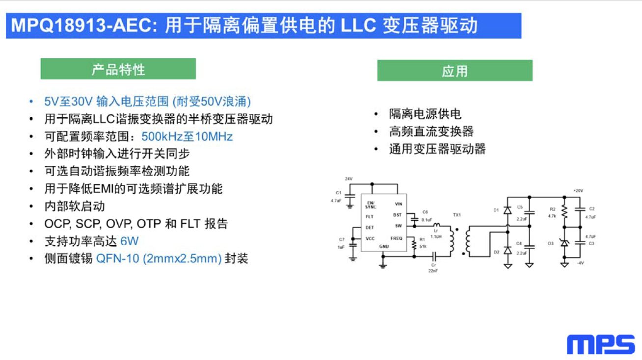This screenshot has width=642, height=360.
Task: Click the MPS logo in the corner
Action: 601,344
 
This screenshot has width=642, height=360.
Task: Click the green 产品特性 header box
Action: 118,69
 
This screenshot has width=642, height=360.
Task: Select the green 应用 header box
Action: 455,71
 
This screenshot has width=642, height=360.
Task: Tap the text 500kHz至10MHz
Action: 187,136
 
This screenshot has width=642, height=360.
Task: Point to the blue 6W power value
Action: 129,241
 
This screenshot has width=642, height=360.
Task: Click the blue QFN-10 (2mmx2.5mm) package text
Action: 159,258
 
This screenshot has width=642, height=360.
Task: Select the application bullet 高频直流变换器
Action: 431,131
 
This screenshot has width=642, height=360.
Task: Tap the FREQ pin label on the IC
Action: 397,238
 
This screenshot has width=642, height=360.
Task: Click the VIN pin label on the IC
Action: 399,204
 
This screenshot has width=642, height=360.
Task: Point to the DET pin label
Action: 370,228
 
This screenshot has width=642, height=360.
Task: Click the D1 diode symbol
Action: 508,211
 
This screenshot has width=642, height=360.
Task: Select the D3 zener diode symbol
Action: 564,243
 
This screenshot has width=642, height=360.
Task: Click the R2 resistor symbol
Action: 564,212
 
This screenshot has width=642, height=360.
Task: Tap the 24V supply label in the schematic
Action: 348,179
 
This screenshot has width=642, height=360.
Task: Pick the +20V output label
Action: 578,190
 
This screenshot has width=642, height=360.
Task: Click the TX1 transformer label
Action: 457,215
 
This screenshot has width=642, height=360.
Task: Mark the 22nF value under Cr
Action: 433,271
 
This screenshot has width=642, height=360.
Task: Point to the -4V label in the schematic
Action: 580,263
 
